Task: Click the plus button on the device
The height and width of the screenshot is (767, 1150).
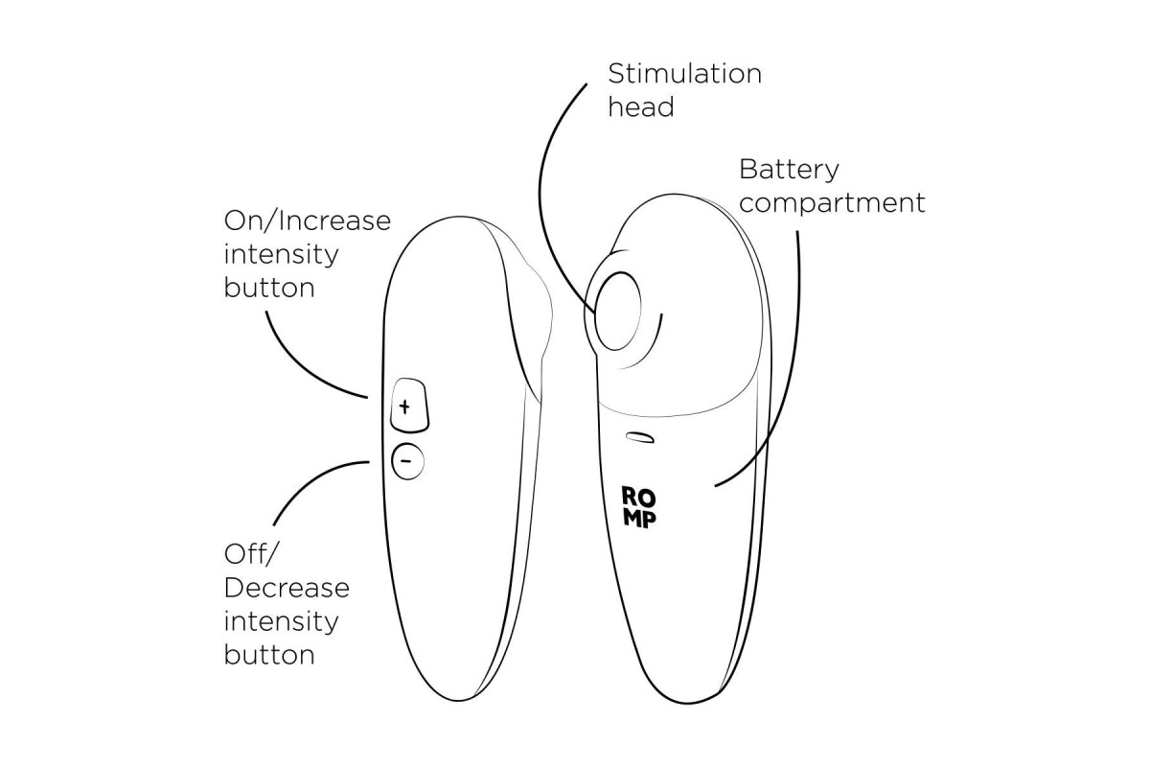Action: [x=409, y=406]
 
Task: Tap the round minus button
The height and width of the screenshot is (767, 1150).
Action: [x=407, y=461]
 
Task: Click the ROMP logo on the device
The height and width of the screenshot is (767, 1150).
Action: [x=638, y=507]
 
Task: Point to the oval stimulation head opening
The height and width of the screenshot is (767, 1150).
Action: [x=617, y=312]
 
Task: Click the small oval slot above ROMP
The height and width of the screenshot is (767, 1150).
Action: [x=640, y=437]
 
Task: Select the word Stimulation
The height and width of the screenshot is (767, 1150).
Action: [x=685, y=74]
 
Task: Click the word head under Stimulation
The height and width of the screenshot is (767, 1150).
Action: [x=641, y=106]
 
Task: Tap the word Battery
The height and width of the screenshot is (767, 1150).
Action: [x=789, y=170]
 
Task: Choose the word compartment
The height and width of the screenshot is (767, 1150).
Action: [x=832, y=203]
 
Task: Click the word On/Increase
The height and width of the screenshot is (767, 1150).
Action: [x=308, y=221]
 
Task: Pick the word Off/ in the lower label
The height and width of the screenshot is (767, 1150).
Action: [x=250, y=554]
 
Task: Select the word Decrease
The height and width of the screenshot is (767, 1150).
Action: [x=287, y=588]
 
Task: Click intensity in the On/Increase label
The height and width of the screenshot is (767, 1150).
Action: [x=282, y=254]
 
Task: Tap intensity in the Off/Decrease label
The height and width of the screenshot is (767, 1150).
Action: [x=282, y=621]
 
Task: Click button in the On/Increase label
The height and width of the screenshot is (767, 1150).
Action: [x=269, y=288]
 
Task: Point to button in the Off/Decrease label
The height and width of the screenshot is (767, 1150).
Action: [x=269, y=655]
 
